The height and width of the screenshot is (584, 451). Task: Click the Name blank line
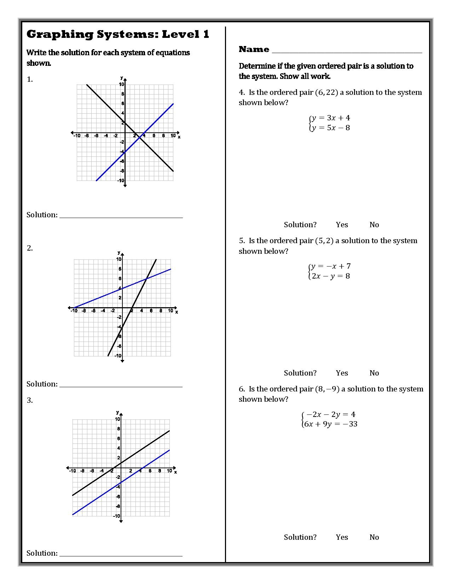347,51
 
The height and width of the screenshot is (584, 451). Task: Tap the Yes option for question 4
342,225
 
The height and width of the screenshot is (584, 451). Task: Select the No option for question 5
374,373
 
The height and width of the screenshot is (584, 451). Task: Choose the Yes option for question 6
342,537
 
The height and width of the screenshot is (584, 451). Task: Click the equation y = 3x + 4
330,118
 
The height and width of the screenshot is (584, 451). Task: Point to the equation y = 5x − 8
330,128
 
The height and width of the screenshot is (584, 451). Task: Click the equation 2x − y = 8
330,276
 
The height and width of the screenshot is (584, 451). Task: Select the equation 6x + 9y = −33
330,424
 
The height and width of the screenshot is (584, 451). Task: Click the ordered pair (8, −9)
327,389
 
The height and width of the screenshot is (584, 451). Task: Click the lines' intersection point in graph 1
139,138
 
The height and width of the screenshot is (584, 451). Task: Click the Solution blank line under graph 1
121,216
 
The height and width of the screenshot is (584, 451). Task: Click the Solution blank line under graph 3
121,554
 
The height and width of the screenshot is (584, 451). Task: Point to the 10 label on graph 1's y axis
121,84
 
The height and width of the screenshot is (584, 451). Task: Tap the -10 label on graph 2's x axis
74,311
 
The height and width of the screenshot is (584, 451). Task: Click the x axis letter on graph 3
175,472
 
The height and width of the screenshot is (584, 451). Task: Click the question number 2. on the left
30,248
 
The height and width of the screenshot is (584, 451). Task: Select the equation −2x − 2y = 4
330,414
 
